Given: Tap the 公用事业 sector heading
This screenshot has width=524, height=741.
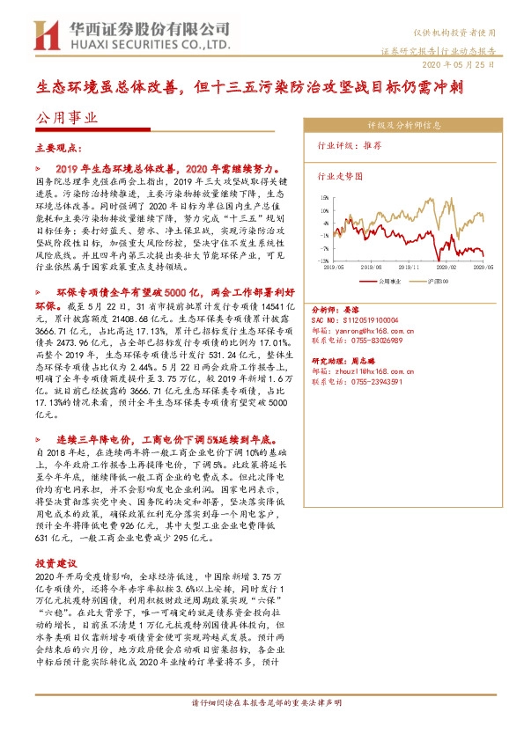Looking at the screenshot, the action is click(x=66, y=116).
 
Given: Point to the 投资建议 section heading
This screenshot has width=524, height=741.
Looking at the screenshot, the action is click(x=57, y=563).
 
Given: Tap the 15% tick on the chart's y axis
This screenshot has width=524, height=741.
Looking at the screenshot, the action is click(x=325, y=198).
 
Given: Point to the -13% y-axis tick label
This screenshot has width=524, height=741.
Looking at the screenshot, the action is click(x=324, y=261).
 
